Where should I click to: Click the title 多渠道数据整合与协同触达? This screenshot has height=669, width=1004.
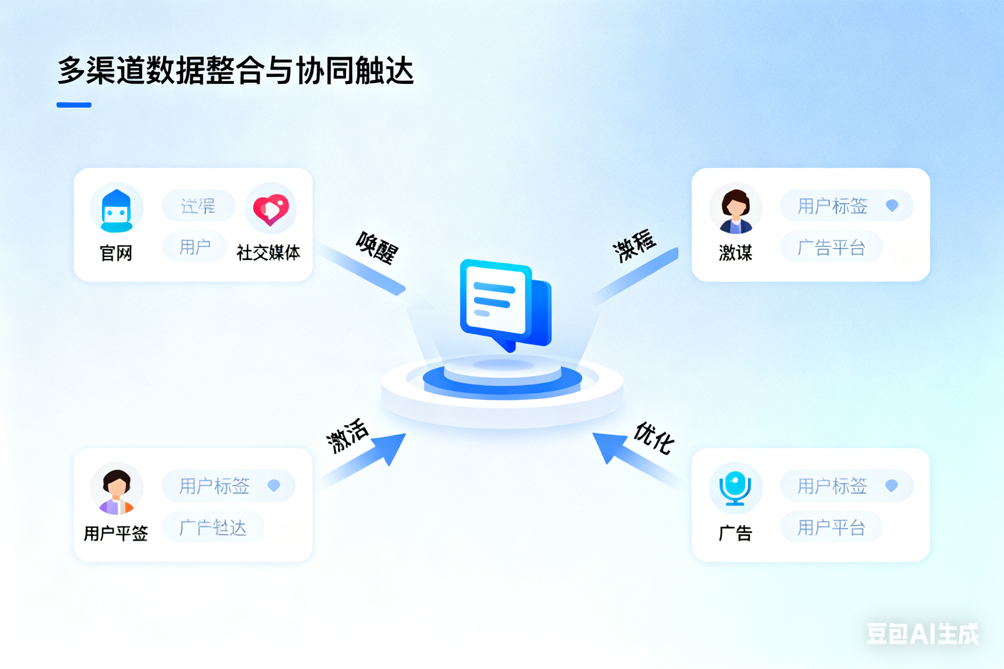click(236, 70)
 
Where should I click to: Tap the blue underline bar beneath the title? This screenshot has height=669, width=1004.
click(74, 105)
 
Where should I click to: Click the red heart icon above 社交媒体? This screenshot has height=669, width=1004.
click(271, 209)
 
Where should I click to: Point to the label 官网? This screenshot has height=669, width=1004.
click(116, 253)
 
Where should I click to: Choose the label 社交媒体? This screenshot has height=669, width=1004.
click(268, 253)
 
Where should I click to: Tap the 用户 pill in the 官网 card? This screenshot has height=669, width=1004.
click(195, 247)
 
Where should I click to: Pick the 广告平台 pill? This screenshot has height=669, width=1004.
click(831, 247)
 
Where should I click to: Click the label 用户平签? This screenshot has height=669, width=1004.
click(116, 533)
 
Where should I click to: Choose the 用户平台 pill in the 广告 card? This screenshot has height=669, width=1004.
click(831, 527)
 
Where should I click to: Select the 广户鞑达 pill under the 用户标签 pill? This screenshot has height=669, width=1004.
click(213, 527)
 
